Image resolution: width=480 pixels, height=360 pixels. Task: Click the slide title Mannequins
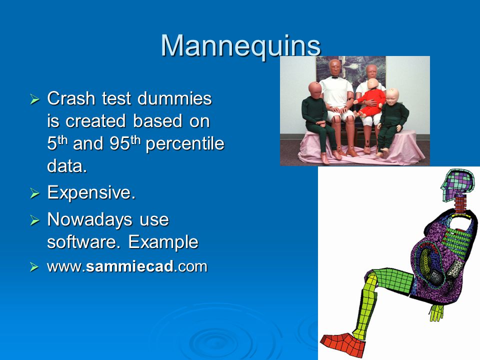[x=240, y=46]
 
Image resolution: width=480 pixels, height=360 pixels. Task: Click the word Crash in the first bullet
[x=71, y=98]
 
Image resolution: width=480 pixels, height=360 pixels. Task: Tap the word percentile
[x=185, y=144]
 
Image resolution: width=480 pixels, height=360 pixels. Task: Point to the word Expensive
[x=91, y=193]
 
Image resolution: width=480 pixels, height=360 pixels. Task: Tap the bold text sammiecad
[x=130, y=266]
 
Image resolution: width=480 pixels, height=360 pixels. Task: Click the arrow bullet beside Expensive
[x=34, y=193]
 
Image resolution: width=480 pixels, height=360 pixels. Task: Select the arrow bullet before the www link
[x=34, y=267]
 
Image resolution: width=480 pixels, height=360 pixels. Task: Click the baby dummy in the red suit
[x=370, y=98]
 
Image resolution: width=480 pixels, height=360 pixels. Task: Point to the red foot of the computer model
[x=342, y=344]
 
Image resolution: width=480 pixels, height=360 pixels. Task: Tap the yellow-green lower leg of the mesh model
[x=366, y=306]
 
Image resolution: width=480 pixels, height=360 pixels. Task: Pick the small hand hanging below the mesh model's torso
[x=436, y=312]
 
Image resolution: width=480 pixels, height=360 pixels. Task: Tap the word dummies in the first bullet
[x=174, y=98]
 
